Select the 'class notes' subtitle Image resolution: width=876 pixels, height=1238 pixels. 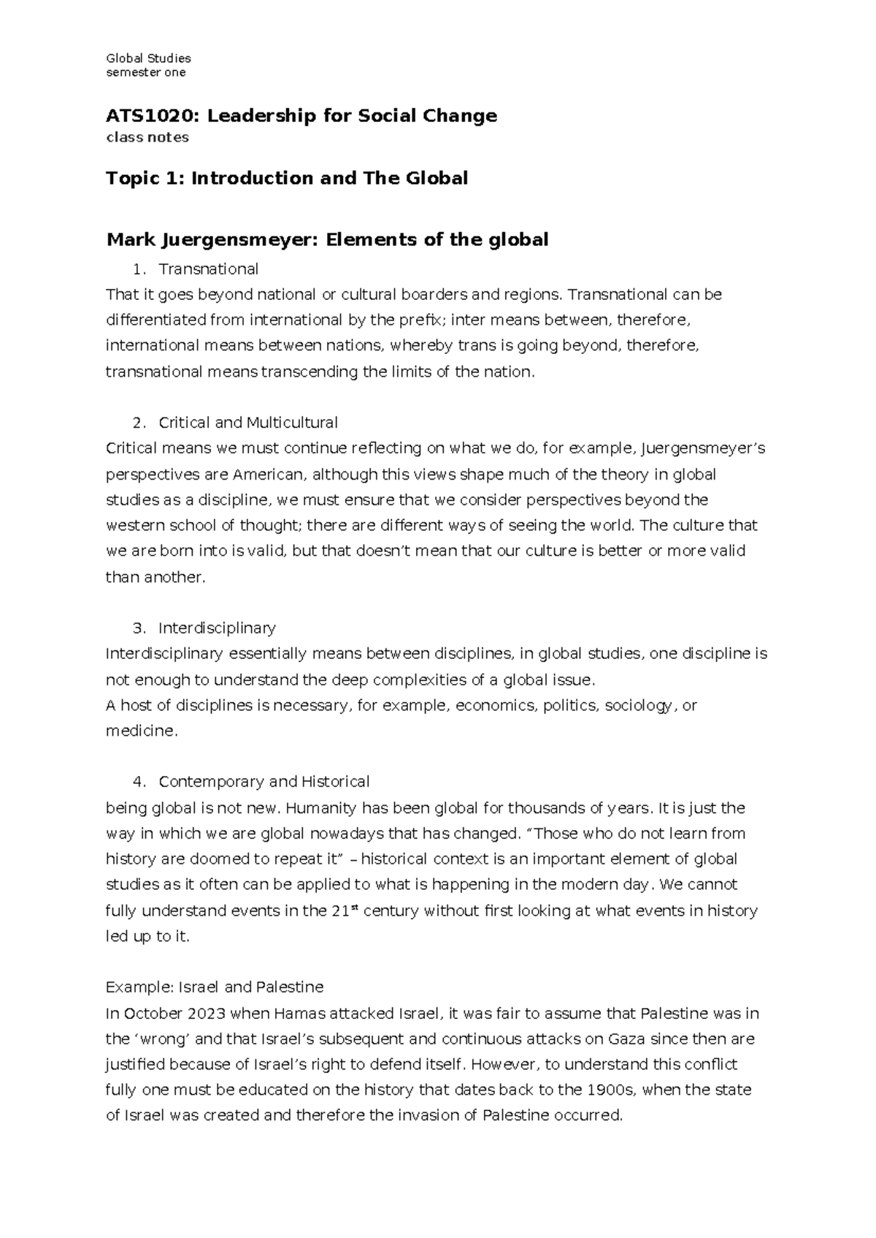point(147,137)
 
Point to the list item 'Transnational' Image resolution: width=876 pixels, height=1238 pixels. point(208,269)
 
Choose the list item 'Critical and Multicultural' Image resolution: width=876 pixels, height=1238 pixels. point(247,423)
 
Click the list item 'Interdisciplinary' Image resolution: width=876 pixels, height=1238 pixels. point(217,628)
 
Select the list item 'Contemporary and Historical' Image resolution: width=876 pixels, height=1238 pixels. point(264,782)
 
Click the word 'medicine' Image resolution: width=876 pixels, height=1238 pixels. point(140,731)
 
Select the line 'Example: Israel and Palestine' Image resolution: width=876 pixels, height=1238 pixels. point(215,988)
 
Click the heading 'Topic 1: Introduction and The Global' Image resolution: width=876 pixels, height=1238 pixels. point(287,178)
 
